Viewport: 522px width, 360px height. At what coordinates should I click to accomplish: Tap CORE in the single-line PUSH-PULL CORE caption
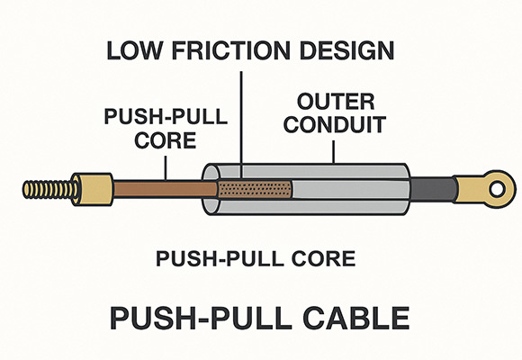[322, 259]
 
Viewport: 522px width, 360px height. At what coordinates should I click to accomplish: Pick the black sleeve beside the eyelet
[436, 188]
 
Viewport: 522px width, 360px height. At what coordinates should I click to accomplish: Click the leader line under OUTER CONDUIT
[335, 148]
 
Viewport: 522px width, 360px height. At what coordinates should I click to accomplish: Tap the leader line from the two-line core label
[166, 166]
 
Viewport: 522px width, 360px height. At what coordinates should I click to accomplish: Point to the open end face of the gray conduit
[213, 188]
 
